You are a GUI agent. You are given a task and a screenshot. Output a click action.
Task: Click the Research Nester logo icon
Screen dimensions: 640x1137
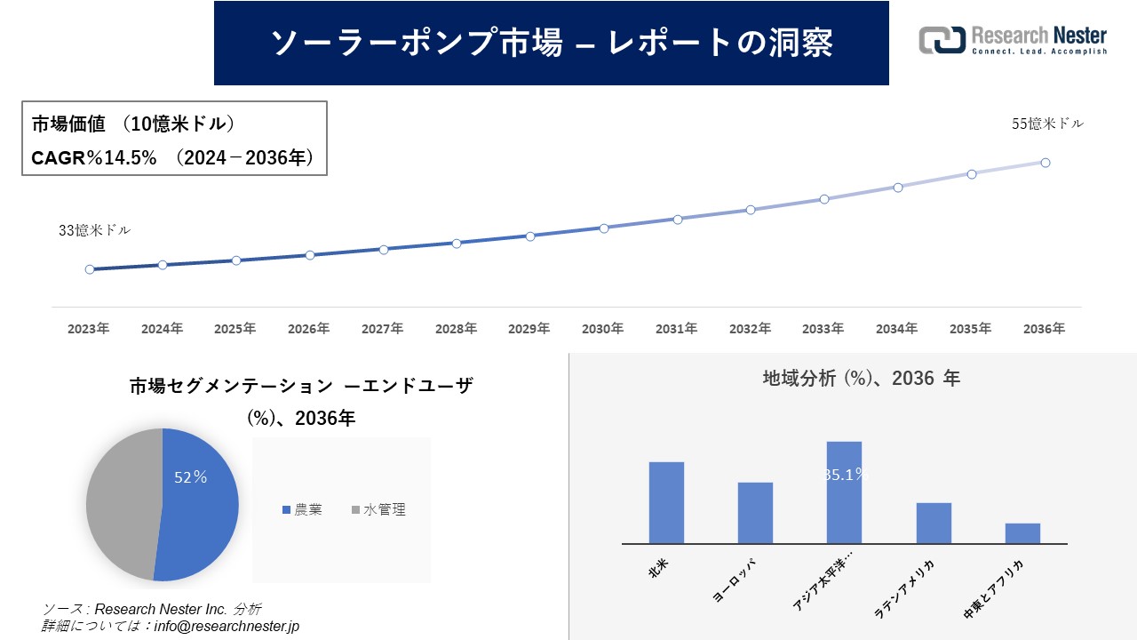[942, 40]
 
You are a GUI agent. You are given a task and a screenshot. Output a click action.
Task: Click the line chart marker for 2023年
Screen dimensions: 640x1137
[90, 269]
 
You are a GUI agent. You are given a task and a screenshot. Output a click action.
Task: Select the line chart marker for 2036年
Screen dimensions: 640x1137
[1046, 163]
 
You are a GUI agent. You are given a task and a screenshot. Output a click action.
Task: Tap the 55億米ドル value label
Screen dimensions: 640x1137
[1048, 124]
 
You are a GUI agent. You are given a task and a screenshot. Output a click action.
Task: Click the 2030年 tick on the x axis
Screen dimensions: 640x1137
[603, 329]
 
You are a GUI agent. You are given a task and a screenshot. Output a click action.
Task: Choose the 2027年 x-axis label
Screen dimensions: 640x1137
[383, 329]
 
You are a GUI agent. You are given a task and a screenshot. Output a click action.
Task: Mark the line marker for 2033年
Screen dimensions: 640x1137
[824, 199]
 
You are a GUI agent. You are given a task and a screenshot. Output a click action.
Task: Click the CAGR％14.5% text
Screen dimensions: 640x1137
[94, 158]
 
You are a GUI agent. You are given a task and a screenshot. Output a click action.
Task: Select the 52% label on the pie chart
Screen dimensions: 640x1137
[190, 477]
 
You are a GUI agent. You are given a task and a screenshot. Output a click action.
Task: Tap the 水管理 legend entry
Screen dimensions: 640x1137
[379, 510]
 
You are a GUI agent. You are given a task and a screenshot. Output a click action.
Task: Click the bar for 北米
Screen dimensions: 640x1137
[666, 502]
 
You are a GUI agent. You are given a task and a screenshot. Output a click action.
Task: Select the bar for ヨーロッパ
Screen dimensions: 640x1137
[755, 513]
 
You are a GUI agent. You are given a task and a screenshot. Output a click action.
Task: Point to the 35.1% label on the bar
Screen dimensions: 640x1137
[844, 475]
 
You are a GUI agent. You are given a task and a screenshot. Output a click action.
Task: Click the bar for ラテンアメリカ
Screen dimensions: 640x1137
[934, 523]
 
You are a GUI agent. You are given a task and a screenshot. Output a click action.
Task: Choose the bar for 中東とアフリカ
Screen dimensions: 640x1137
[1022, 533]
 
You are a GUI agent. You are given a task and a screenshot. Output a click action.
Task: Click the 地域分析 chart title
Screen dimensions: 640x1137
[861, 379]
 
